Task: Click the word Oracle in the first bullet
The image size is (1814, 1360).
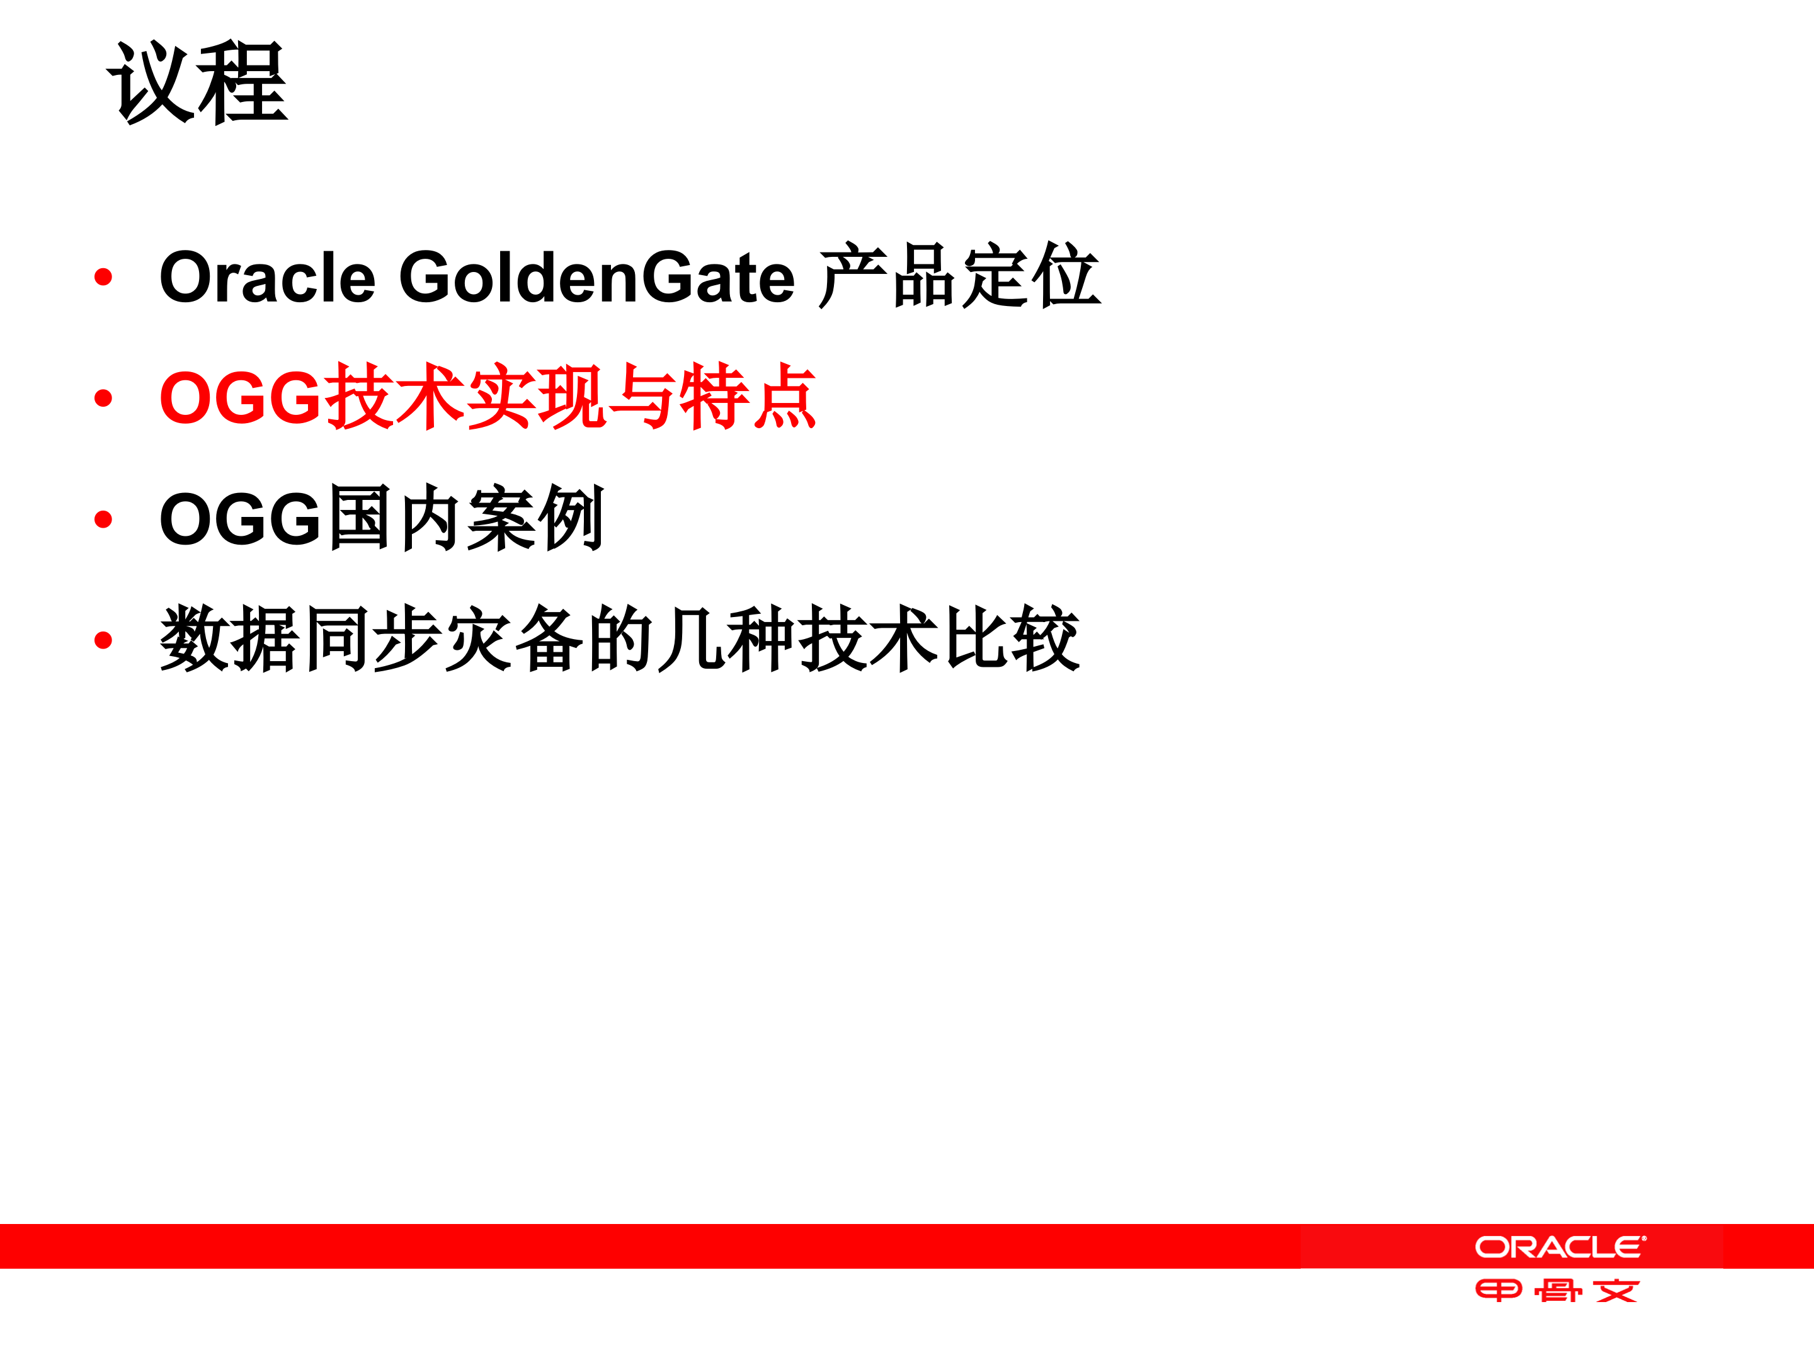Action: coord(267,277)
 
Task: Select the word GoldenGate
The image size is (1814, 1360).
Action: coord(596,277)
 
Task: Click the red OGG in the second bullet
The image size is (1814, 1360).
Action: coord(239,397)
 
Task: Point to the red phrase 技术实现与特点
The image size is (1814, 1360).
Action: coord(571,397)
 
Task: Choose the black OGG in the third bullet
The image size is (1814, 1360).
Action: coord(239,519)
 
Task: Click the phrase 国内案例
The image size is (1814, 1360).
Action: coord(466,518)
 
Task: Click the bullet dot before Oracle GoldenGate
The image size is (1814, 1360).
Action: coord(103,277)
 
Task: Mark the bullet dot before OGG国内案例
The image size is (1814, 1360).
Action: coord(103,519)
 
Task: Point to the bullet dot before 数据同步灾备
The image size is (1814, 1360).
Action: coord(103,640)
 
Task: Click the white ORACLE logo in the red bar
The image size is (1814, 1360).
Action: coord(1560,1247)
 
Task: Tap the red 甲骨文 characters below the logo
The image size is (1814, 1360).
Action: coord(1556,1291)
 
